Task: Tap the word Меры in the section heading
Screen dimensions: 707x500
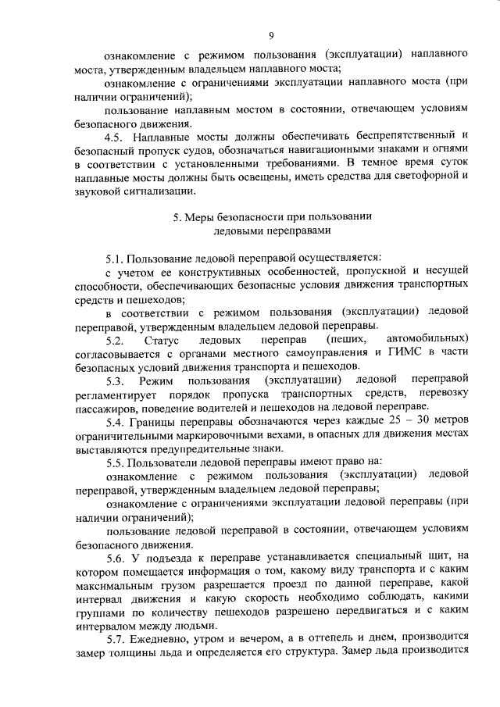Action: (x=201, y=216)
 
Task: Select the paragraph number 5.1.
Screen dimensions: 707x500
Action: (x=114, y=258)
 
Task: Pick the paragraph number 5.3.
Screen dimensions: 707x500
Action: (x=115, y=380)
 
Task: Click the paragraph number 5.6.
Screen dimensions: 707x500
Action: (x=115, y=557)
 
